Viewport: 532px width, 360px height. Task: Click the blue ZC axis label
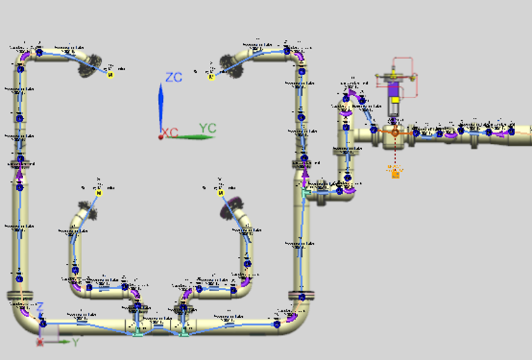click(173, 77)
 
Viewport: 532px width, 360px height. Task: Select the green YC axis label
click(207, 128)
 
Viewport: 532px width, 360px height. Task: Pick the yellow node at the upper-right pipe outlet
click(211, 76)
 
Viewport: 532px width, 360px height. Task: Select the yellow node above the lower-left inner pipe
click(100, 192)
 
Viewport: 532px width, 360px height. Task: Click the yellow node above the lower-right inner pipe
click(220, 192)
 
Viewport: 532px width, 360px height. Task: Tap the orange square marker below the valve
click(395, 173)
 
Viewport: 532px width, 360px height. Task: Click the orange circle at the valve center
click(394, 132)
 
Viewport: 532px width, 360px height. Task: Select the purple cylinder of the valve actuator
click(394, 89)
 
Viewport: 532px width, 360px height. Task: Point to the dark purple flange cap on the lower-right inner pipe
click(230, 208)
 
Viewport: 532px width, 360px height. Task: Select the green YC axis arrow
click(193, 136)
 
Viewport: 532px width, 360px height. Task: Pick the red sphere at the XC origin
click(161, 136)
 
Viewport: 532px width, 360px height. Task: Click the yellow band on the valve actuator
click(394, 100)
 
